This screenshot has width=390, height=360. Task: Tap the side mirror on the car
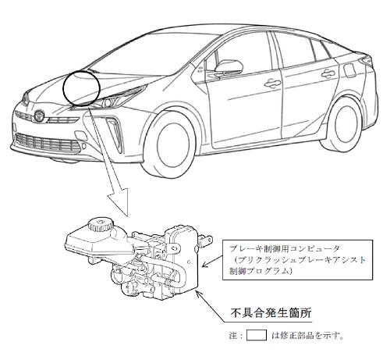point(228,66)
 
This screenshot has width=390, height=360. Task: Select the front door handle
point(272,83)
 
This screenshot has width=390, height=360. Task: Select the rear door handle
point(330,73)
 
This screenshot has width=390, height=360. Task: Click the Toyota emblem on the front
point(40,116)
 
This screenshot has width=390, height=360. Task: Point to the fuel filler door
point(349,70)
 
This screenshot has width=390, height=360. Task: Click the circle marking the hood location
point(81,87)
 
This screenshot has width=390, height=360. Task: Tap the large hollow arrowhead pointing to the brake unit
point(119,201)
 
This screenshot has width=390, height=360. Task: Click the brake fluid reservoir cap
point(101,225)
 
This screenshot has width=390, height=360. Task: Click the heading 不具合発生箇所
point(271,313)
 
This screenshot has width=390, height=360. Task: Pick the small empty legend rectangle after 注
point(257,335)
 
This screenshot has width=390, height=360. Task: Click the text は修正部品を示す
point(307,336)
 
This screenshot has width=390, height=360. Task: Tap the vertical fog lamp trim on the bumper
point(115,134)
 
